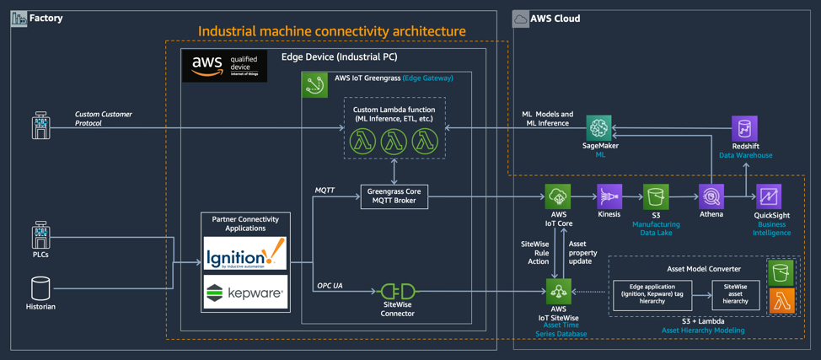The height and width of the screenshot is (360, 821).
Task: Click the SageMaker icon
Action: point(599,128)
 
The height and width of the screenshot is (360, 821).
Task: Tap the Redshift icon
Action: point(744,128)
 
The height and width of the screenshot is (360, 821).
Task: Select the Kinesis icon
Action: point(609,197)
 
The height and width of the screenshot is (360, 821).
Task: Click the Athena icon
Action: point(711,197)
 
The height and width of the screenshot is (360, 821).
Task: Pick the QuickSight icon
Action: point(768,197)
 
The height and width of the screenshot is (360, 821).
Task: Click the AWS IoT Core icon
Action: point(557,197)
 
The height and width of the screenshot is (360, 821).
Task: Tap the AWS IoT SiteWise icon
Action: point(557,292)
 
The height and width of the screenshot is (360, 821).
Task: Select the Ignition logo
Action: point(245,253)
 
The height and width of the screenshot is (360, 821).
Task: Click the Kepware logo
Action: point(245,293)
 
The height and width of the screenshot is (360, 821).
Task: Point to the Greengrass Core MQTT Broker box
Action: point(394,196)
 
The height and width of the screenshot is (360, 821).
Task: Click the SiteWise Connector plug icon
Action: point(398,293)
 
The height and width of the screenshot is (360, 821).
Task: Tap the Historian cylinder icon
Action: point(40,288)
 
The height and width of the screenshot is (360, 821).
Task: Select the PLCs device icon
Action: point(40,235)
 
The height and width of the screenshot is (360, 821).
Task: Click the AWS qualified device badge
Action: point(224,66)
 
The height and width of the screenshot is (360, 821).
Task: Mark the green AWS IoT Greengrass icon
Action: point(314,84)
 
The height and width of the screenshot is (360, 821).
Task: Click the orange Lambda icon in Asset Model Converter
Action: point(781,300)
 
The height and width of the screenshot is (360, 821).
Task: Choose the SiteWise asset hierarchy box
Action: point(735,295)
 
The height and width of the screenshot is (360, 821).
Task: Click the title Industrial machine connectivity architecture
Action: point(331,31)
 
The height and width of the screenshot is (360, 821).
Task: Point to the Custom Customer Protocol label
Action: point(104,118)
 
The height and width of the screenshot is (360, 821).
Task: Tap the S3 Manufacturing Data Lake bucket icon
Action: point(656,197)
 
